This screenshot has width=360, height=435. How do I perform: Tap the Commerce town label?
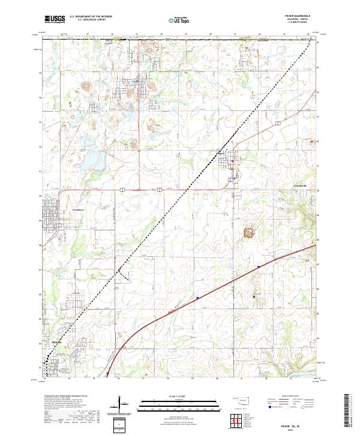(x=79, y=209)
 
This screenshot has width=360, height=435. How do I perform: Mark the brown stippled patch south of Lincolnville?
(x=248, y=232)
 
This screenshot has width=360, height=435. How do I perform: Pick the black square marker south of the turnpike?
(x=254, y=296)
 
